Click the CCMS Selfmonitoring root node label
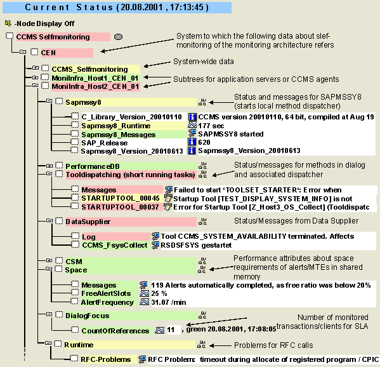pos(53,37)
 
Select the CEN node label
pos(48,53)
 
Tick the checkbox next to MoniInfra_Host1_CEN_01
pos(45,77)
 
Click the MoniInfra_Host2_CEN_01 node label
pos(95,86)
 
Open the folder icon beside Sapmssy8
pos(49,101)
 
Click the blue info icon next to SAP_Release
pos(192,142)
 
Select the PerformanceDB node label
pos(93,166)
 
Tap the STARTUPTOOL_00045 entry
pos(121,198)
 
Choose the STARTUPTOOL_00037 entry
pos(120,207)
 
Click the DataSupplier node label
pos(88,222)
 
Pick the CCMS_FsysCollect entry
pos(115,245)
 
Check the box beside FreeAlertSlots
pos(75,293)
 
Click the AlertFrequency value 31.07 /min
pos(169,302)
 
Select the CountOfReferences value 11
pos(171,330)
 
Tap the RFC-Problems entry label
pos(106,359)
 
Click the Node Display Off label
pos(44,23)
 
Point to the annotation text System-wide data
pos(204,62)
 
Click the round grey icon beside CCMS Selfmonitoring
pos(118,37)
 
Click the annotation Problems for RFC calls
pos(273,345)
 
